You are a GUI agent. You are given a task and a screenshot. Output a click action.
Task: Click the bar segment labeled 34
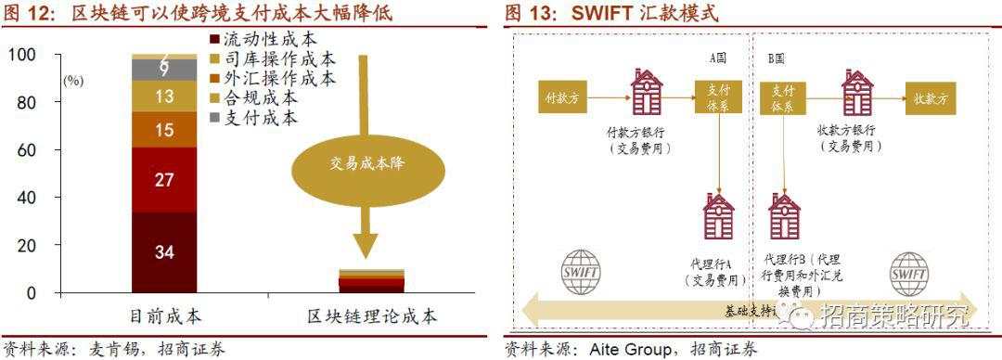click(164, 252)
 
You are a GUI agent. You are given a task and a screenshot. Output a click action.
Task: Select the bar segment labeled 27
click(164, 180)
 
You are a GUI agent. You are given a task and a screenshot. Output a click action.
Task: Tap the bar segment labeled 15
click(164, 130)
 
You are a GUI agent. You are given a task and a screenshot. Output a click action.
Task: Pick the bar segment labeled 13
click(164, 96)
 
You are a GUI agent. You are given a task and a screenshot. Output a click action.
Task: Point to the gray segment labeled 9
click(164, 70)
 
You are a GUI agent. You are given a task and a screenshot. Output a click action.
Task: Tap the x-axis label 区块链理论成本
click(372, 316)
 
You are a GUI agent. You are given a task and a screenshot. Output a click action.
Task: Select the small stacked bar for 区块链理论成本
click(371, 280)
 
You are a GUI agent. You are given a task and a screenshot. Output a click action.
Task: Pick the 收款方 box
click(931, 96)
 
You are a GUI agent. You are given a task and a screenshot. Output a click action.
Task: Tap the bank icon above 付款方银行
click(646, 94)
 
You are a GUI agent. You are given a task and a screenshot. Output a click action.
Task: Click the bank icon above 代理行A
click(719, 218)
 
